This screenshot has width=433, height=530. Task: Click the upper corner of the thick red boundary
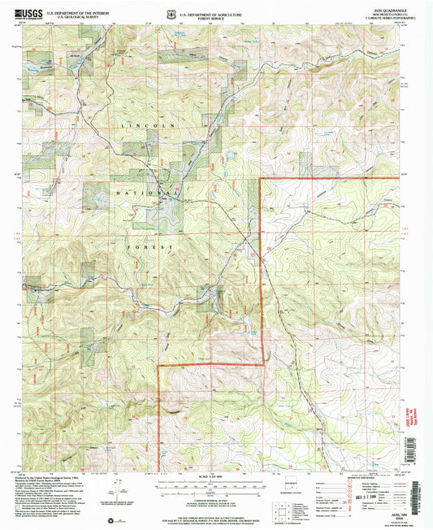tap(260, 178)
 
